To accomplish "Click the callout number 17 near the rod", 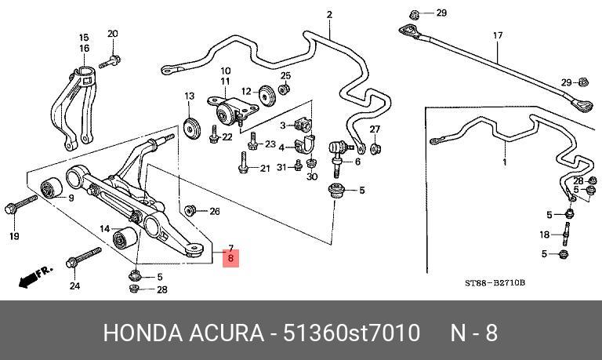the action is click(x=497, y=35).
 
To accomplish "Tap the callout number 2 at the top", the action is click(x=329, y=14).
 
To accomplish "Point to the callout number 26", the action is click(x=215, y=210).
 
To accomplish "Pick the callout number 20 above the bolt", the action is click(x=112, y=34).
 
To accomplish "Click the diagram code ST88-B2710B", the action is click(x=495, y=282).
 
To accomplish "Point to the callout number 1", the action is click(x=505, y=162).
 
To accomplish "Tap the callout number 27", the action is click(x=375, y=129).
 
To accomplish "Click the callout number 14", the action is click(x=104, y=228).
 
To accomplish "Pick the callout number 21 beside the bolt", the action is click(x=264, y=168).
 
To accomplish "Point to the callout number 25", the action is click(x=285, y=75).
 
